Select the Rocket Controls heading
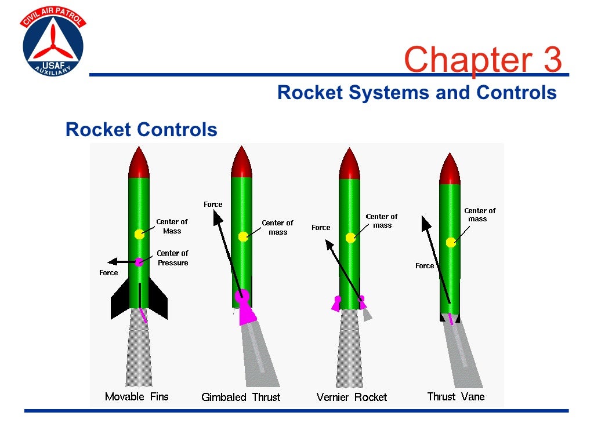(142, 129)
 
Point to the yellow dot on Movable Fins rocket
(139, 234)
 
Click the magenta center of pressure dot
(139, 262)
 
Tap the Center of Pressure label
(172, 258)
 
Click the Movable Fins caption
(137, 397)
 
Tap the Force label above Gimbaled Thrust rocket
(213, 204)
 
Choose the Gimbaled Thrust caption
(241, 397)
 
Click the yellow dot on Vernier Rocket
(350, 238)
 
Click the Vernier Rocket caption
(352, 397)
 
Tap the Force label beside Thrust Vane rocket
(425, 266)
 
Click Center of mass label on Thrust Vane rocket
(480, 215)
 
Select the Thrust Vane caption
(455, 397)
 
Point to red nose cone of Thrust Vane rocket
(450, 170)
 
